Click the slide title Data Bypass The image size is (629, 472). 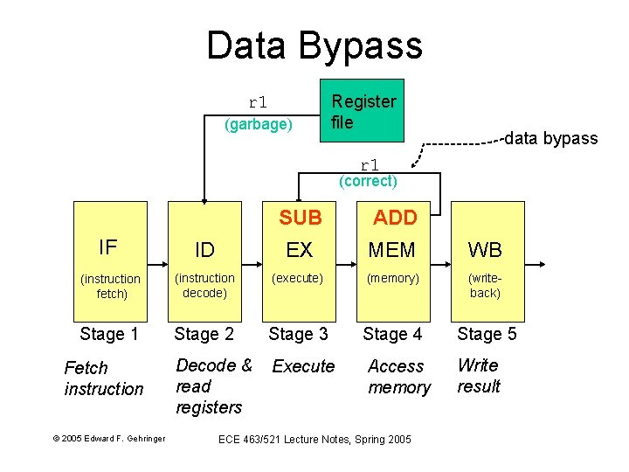point(314,45)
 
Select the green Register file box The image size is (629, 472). point(363,112)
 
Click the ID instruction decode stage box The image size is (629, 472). point(204,262)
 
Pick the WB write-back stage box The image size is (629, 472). point(485,262)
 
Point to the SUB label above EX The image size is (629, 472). point(300,218)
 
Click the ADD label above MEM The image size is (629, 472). point(395,218)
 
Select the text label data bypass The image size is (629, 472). point(551,138)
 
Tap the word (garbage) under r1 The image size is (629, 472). point(258,124)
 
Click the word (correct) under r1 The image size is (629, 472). point(368,182)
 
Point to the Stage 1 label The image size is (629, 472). point(109,334)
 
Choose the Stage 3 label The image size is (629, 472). point(298,334)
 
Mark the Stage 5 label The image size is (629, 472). point(487,334)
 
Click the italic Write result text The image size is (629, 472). point(479,376)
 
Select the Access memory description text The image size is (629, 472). point(398,377)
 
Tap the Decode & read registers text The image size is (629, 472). point(213,385)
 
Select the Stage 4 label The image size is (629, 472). point(392,334)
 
